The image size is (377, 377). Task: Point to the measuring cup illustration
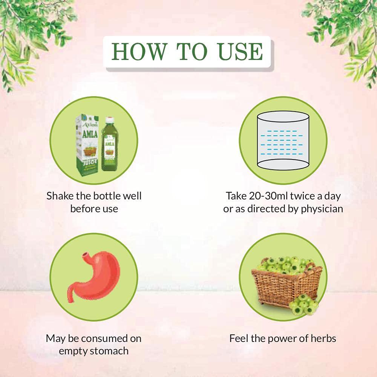point(283,141)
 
